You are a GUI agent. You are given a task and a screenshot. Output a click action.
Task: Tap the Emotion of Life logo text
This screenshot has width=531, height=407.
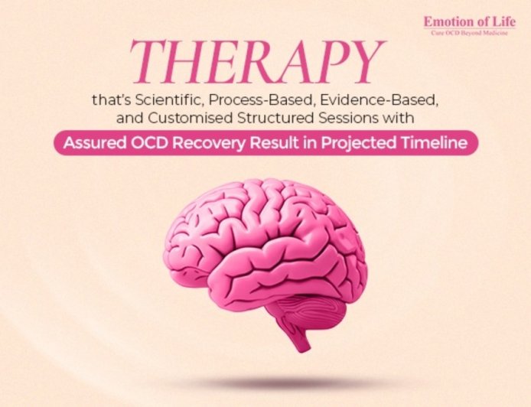(470, 22)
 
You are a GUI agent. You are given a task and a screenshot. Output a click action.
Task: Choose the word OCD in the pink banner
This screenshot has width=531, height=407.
(150, 143)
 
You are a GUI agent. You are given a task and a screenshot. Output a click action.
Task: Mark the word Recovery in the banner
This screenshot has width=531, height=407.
(205, 143)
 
